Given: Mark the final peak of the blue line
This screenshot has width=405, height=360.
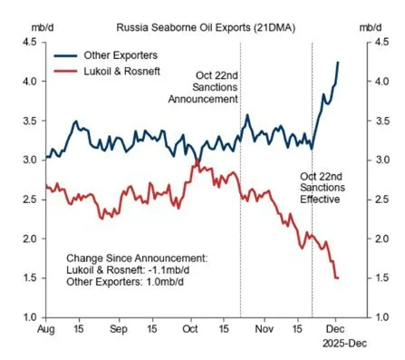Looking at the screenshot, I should [338, 62].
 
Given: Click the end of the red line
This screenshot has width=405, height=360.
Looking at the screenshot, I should [338, 277].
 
